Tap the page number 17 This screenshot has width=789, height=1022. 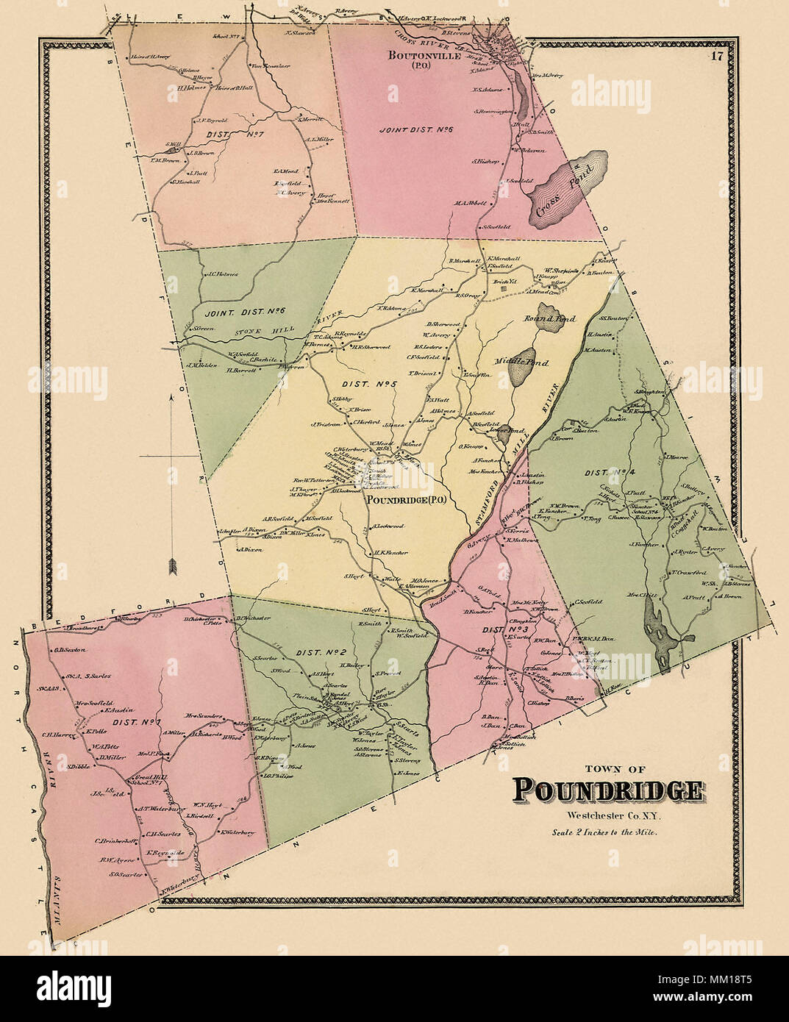[x=716, y=55]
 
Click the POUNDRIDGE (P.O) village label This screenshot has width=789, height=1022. [x=407, y=500]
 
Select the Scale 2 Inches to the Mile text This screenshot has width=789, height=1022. [x=605, y=833]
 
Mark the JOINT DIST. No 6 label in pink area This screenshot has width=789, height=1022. [x=416, y=129]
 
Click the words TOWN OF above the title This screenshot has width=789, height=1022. [x=607, y=769]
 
